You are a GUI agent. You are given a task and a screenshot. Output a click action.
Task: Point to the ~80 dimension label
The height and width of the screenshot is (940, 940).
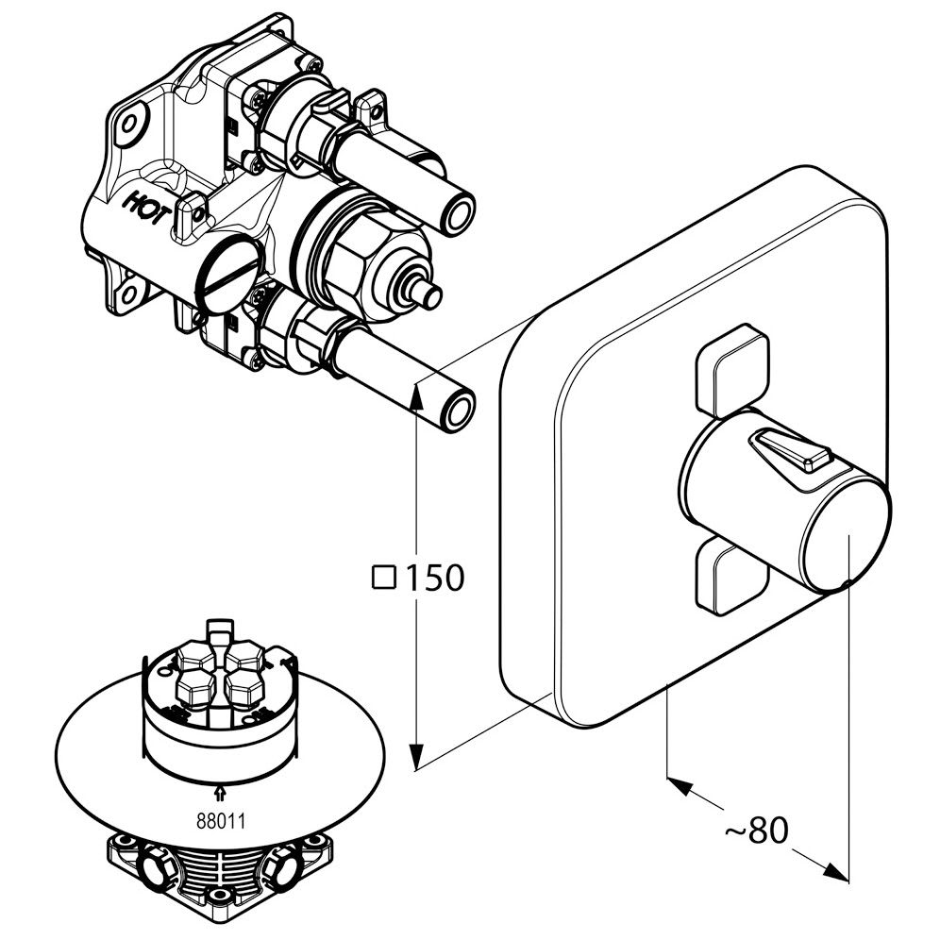click(755, 830)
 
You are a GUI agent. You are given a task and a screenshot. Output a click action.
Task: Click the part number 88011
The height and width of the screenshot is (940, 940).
click(220, 820)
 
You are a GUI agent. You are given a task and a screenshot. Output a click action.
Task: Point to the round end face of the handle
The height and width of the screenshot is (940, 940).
click(846, 538)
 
